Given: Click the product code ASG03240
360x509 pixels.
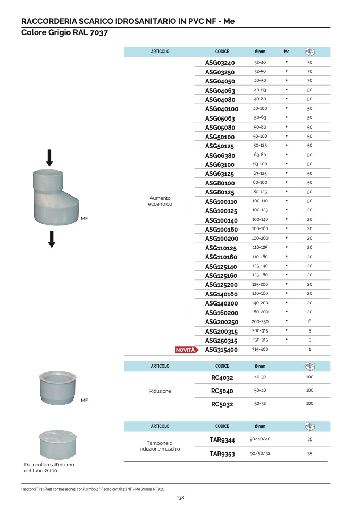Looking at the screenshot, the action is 220,62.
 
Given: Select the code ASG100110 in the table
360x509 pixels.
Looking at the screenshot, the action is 221,201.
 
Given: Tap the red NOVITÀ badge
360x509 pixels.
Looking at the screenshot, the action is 187,350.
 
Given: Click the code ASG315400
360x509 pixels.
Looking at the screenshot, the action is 221,350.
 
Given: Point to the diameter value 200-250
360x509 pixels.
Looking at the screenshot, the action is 260,321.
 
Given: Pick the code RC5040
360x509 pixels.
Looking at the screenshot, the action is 222,391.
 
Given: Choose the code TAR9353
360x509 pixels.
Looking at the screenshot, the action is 222,454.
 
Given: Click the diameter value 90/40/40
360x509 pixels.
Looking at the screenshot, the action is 260,439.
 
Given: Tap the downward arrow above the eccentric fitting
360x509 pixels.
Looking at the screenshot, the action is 49,158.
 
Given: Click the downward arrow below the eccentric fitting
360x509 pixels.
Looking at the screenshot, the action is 52,239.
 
